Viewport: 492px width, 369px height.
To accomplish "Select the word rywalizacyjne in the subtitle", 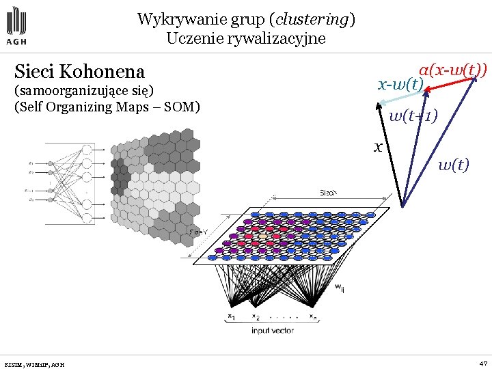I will (x=282, y=38).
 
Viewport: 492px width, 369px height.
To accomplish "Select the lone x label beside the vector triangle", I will (x=377, y=146).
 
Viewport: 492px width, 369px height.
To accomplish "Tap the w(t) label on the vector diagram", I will (x=453, y=164).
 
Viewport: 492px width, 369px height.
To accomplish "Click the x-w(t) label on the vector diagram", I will (x=401, y=85).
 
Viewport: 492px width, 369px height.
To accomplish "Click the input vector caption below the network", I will (x=273, y=330).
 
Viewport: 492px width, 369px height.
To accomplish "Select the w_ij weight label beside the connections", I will (x=339, y=289).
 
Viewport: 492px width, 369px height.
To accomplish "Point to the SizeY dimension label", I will (x=198, y=232).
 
